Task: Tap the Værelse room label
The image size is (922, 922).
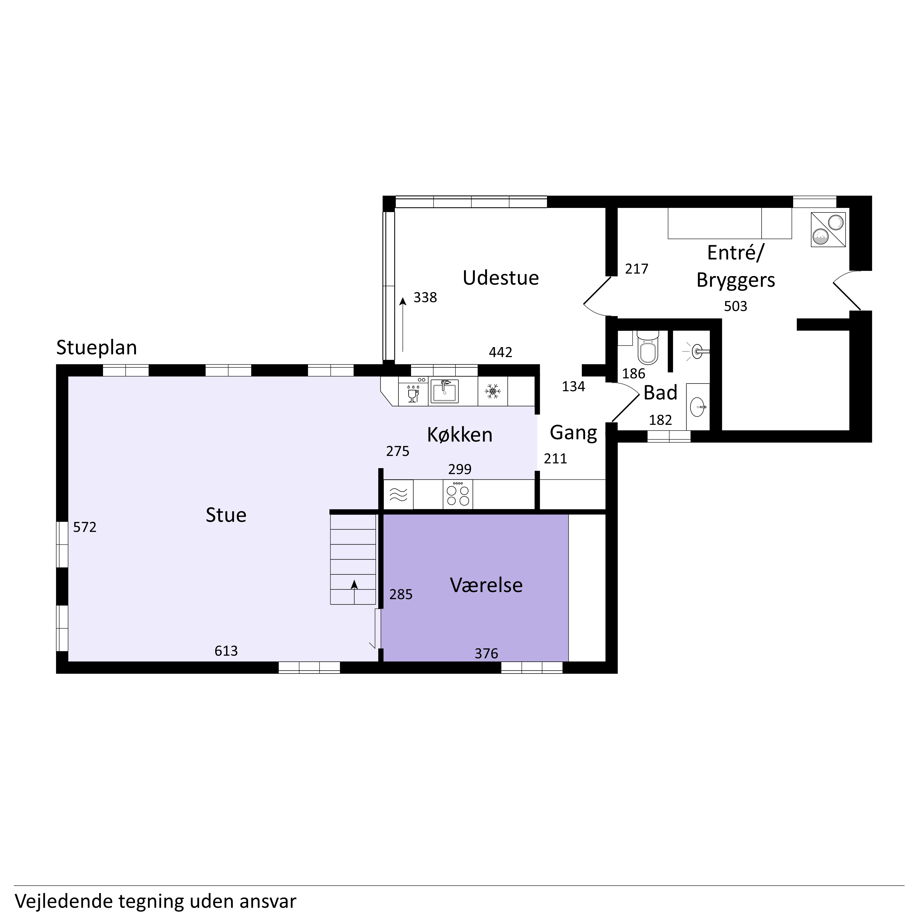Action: pos(486,585)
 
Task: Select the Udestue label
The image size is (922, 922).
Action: pos(501,278)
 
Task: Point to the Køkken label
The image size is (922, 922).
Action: pos(460,435)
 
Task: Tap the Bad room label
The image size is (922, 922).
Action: pos(660,393)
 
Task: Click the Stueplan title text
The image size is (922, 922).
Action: pos(96,348)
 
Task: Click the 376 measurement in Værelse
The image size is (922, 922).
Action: pos(486,653)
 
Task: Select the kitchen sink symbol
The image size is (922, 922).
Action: pos(444,391)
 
